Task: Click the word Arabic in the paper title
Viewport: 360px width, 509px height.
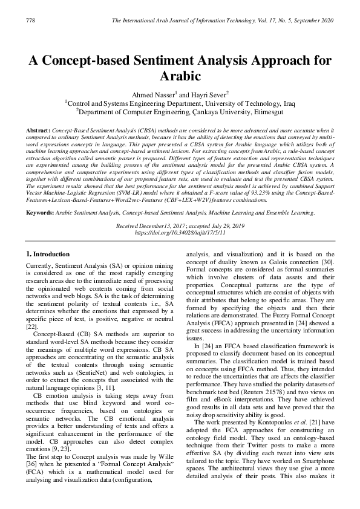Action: tap(180, 77)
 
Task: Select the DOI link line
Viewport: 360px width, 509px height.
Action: tap(180, 232)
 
